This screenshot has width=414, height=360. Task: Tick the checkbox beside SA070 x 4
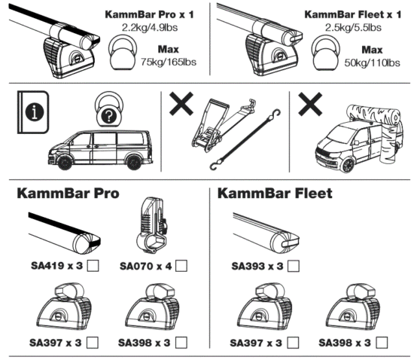(181, 265)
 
